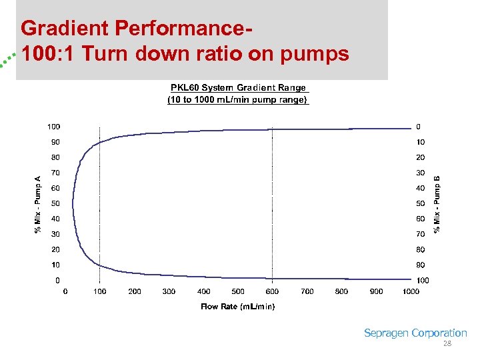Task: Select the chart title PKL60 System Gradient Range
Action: coord(238,88)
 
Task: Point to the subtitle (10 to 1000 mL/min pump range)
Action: coord(238,100)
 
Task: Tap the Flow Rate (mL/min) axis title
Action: coord(237,307)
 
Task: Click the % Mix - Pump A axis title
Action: coord(38,203)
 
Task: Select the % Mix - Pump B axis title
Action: coord(437,203)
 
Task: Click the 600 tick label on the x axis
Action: coord(272,291)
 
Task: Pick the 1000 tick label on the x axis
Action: coord(411,291)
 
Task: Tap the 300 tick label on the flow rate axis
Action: coord(169,291)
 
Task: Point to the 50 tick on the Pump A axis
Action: coord(55,203)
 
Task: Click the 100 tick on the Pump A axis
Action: coord(53,127)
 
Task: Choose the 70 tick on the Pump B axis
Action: coord(420,235)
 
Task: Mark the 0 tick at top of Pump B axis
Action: coord(418,127)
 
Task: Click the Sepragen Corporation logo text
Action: coord(415,333)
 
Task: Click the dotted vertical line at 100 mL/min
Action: coord(99,200)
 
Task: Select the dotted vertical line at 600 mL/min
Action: coord(272,200)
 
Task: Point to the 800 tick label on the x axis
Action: coord(341,291)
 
